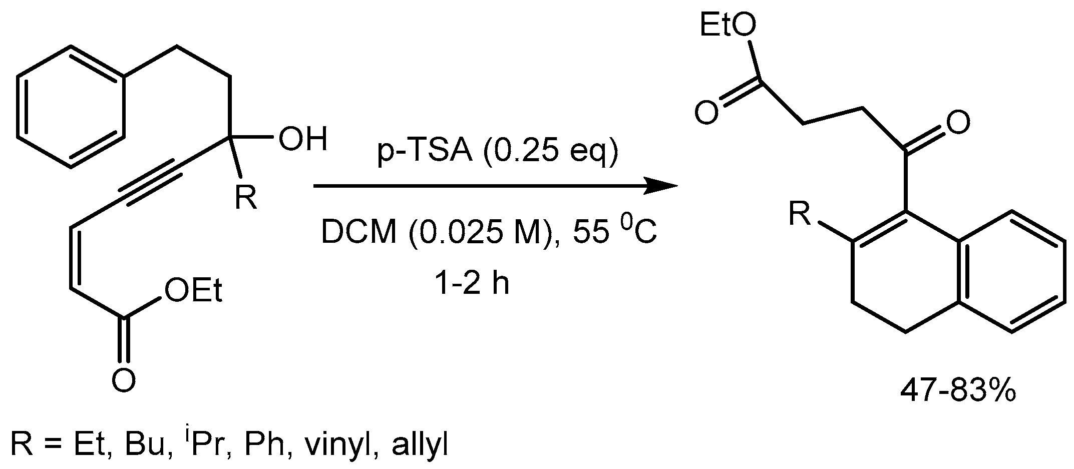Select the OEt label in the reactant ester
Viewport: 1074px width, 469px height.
coord(193,291)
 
